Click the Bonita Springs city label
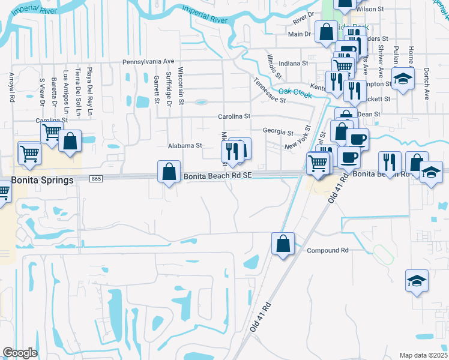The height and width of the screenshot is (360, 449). click(x=42, y=180)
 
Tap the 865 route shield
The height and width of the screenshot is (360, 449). click(x=95, y=179)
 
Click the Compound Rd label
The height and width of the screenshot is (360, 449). click(x=328, y=250)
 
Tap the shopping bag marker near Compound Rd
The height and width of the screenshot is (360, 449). click(x=282, y=244)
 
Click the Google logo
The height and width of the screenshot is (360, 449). click(x=20, y=352)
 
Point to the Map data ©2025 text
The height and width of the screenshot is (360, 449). click(x=424, y=355)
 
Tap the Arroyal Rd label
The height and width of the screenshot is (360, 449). click(x=12, y=88)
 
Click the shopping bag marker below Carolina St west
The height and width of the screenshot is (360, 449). click(x=70, y=142)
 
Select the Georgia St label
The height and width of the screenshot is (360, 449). click(x=278, y=131)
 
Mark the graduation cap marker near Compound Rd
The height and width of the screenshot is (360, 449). click(x=416, y=281)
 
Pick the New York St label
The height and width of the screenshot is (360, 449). click(x=298, y=137)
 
